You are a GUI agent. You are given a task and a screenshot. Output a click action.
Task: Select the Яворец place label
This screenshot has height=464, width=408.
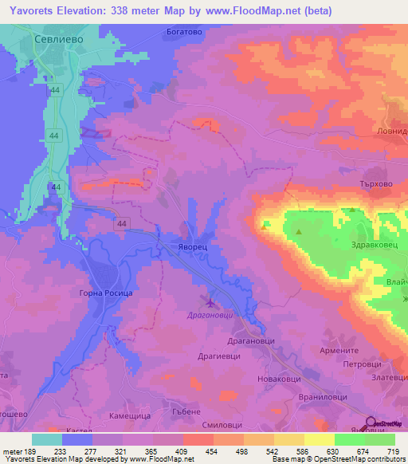pyautogui.click(x=192, y=248)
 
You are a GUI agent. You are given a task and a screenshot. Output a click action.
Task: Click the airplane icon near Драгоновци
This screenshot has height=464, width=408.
pyautogui.click(x=210, y=302)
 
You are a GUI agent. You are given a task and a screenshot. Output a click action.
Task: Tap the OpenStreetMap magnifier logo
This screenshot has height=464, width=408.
pyautogui.click(x=370, y=423)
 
